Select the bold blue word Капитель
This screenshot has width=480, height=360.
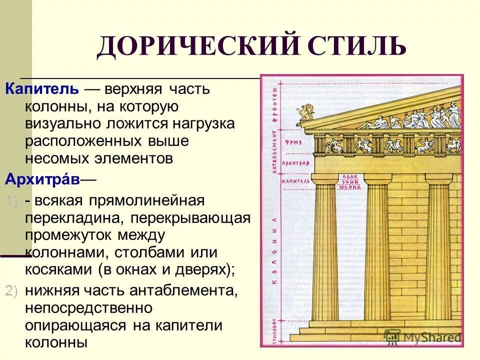point(42,89)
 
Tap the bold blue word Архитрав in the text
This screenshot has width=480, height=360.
point(42,179)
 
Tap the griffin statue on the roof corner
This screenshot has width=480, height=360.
point(303,114)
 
